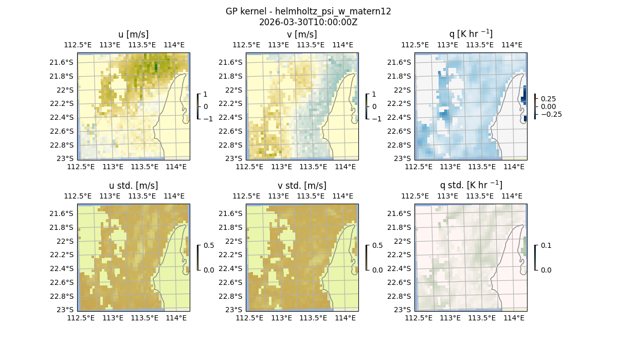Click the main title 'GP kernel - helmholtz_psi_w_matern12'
[308, 11]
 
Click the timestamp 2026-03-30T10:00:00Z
[308, 22]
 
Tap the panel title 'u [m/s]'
[133, 34]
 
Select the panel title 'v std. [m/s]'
[302, 186]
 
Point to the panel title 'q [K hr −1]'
[470, 34]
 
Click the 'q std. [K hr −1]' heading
[470, 185]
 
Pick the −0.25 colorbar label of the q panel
[551, 114]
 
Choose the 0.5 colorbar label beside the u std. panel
[210, 246]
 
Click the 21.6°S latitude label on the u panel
[64, 63]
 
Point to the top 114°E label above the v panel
[342, 45]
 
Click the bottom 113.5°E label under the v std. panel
[313, 318]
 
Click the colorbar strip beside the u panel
[197, 106]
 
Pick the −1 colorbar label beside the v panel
[376, 119]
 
